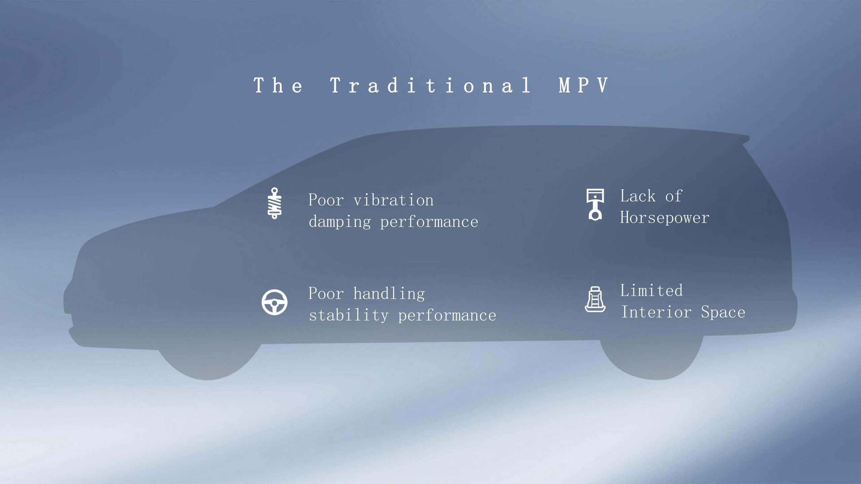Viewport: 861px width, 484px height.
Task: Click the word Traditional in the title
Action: tap(430, 85)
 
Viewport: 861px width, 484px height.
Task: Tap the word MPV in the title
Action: tap(584, 85)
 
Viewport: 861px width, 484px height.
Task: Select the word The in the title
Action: tap(278, 85)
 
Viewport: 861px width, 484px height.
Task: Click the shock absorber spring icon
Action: tap(274, 203)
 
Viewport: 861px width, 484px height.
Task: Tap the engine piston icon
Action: tap(595, 204)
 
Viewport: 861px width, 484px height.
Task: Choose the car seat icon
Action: tap(595, 299)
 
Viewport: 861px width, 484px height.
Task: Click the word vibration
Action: tap(394, 200)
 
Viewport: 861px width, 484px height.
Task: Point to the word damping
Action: tap(340, 222)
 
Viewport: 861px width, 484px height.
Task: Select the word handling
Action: tap(389, 294)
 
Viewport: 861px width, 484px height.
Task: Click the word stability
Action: tap(349, 315)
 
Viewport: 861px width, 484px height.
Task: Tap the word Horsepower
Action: tap(665, 218)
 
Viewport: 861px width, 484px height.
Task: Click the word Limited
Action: tap(651, 290)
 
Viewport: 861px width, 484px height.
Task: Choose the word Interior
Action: tap(656, 312)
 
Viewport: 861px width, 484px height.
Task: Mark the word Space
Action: tap(723, 312)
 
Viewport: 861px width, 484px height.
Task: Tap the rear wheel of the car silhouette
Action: tap(651, 360)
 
